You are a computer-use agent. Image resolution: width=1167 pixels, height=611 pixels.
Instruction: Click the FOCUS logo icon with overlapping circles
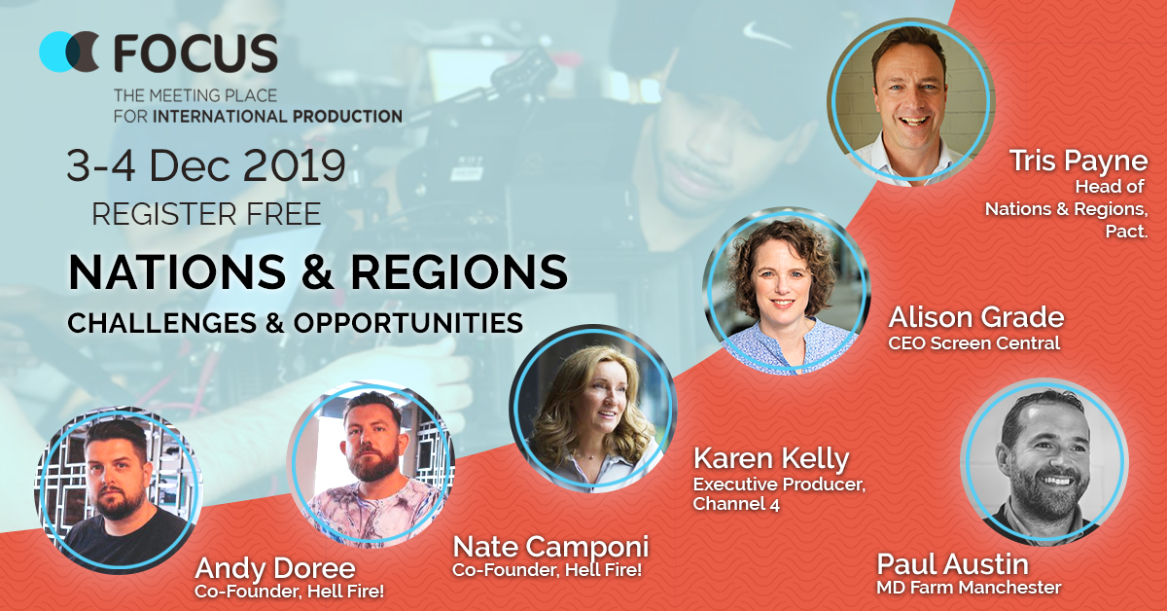[69, 52]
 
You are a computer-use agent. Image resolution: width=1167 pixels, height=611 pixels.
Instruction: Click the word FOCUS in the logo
[195, 53]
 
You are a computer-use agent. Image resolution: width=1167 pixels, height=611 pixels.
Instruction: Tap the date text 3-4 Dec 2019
[206, 165]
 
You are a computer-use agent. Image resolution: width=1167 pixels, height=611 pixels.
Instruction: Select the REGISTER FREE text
[206, 214]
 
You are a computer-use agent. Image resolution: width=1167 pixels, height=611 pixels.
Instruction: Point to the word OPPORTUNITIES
[408, 323]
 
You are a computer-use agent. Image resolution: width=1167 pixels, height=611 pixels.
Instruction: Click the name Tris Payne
[1079, 161]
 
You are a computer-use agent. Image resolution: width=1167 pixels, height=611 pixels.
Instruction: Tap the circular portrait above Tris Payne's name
[910, 101]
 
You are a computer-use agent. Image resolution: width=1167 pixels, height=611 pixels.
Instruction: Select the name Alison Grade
[976, 317]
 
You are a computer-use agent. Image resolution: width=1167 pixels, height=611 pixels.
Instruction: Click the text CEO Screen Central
[974, 343]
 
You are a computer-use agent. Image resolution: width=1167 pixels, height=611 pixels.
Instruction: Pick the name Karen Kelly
[771, 459]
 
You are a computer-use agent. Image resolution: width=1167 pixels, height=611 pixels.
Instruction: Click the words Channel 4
[736, 504]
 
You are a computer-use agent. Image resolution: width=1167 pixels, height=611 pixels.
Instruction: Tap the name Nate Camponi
[551, 547]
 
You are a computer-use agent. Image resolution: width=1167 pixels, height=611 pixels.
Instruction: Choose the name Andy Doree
[275, 568]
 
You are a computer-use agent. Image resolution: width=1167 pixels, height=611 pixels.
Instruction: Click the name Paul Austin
[953, 564]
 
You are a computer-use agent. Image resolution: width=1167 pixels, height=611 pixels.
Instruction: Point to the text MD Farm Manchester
[969, 588]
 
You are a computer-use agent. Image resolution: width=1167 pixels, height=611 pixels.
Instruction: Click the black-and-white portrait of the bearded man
[1044, 462]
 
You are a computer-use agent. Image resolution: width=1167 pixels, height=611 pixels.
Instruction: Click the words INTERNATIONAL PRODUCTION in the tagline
[278, 116]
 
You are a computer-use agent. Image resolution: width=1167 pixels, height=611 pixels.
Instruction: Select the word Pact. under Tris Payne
[1127, 231]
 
